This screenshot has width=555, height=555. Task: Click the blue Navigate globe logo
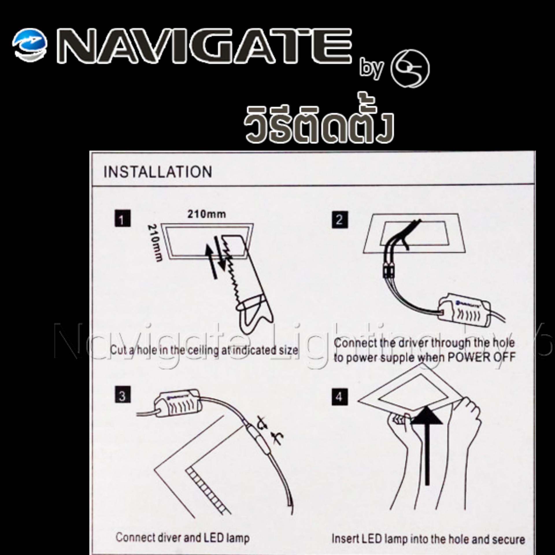(x=30, y=45)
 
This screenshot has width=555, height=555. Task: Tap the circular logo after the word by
(x=410, y=69)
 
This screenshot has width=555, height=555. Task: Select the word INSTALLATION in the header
(x=158, y=172)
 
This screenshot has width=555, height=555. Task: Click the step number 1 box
(x=122, y=219)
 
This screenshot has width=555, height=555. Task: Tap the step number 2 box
(x=339, y=220)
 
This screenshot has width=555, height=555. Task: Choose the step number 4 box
(x=339, y=397)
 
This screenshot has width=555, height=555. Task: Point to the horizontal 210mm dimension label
(x=207, y=214)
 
